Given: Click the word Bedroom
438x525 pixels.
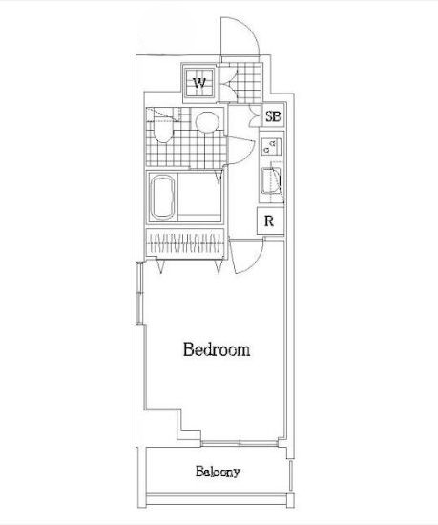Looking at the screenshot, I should pyautogui.click(x=217, y=349).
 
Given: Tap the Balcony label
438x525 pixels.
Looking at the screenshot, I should pyautogui.click(x=218, y=472).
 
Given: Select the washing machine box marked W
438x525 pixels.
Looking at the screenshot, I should pyautogui.click(x=200, y=82).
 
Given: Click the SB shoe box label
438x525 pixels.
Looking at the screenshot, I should pyautogui.click(x=272, y=117).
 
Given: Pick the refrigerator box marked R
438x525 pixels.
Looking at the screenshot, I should pyautogui.click(x=271, y=220).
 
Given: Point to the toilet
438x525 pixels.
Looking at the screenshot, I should pyautogui.click(x=162, y=129).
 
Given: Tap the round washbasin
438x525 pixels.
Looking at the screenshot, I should pyautogui.click(x=207, y=121).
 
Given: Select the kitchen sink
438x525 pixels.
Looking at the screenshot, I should pyautogui.click(x=270, y=180).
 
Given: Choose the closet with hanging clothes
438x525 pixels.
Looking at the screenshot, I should pyautogui.click(x=186, y=242).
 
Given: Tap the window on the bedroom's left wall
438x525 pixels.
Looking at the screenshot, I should pyautogui.click(x=142, y=296).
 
